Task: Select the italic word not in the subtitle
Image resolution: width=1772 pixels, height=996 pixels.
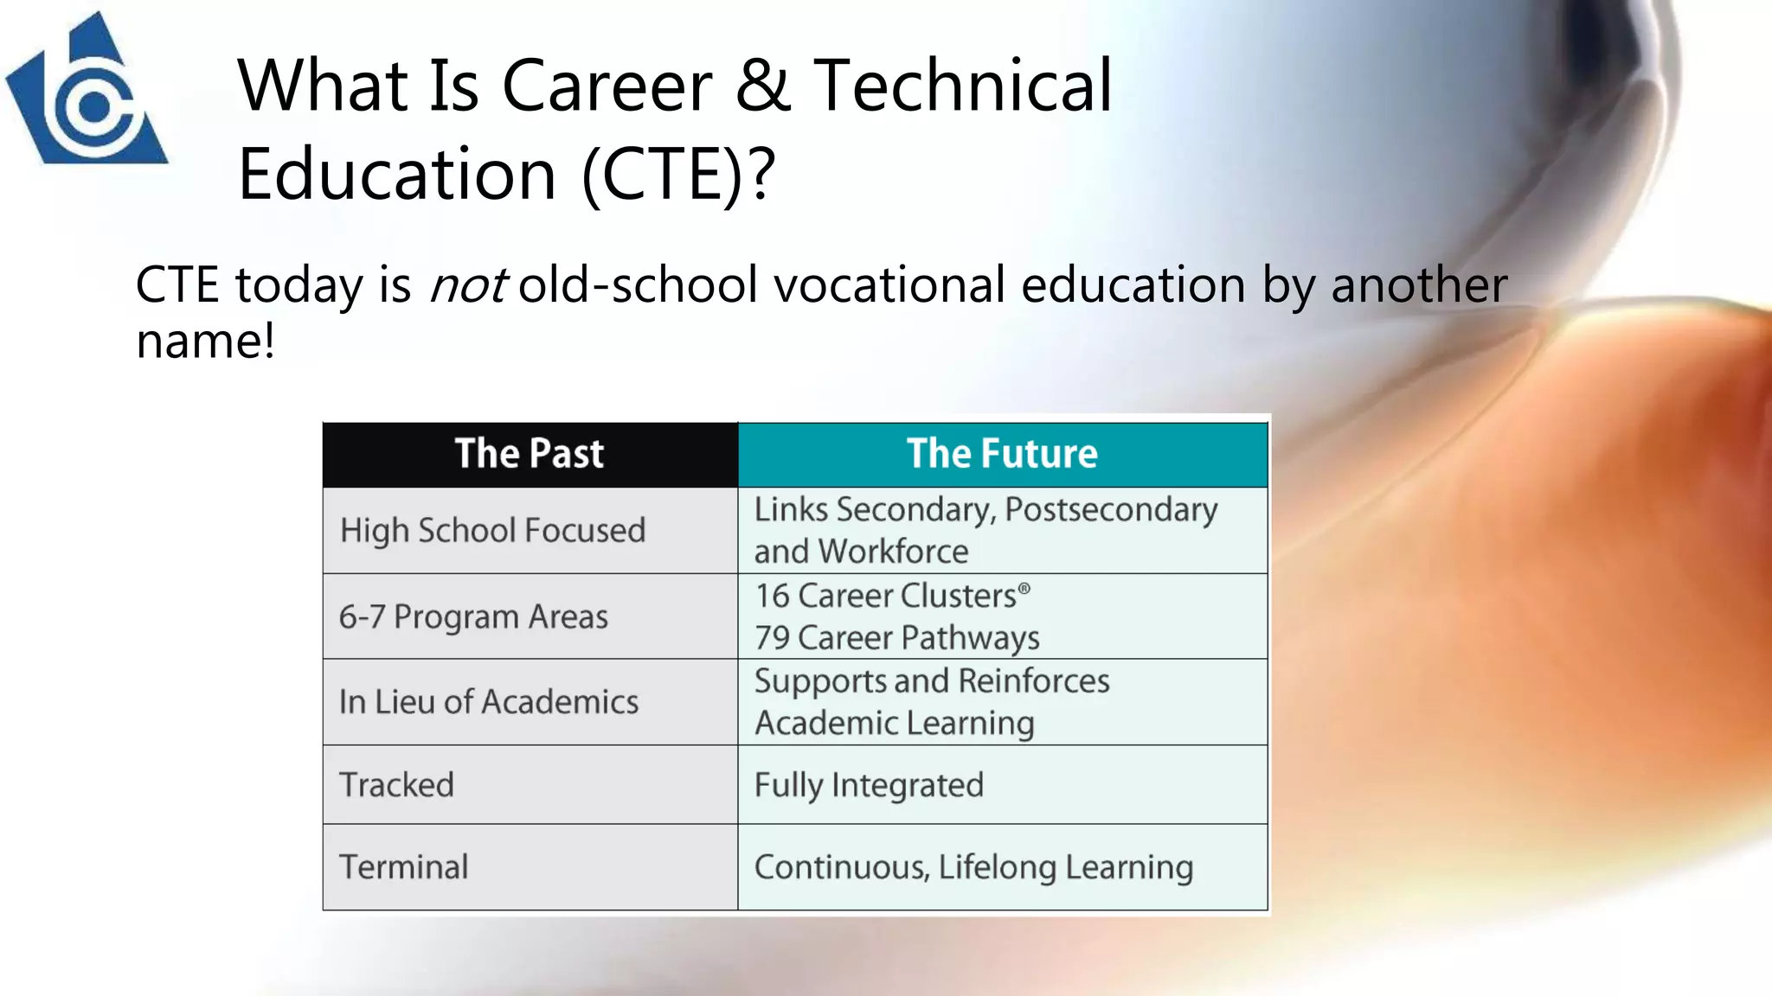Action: [467, 285]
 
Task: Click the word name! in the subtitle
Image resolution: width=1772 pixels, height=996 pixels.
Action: [205, 341]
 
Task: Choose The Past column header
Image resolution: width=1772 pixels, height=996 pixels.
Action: [530, 454]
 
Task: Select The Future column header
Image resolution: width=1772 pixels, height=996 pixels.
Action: [1002, 454]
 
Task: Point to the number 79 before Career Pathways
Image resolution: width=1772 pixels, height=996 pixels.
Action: [772, 638]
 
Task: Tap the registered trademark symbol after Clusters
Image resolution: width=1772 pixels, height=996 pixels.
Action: [1024, 589]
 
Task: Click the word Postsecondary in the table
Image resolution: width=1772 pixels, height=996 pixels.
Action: [1111, 510]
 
